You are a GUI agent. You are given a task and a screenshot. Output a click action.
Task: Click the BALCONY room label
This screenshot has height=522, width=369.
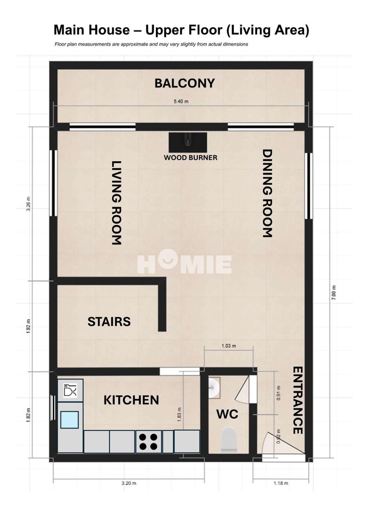pos(185,83)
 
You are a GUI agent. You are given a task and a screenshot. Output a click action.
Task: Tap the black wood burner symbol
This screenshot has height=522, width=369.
pos(188,142)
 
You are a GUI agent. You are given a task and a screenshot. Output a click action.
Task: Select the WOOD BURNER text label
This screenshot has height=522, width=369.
pos(190,158)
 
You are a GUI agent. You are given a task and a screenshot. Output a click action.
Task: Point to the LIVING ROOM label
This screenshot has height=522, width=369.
pos(117,203)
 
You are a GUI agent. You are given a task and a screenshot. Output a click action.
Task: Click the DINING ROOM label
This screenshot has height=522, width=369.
pos(267,193)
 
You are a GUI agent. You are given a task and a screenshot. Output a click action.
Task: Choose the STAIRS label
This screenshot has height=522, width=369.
pos(109,322)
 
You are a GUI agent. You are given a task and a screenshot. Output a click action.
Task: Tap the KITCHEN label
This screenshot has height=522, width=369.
pos(131,400)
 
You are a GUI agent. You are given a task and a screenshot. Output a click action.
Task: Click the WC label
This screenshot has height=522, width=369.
pos(227,414)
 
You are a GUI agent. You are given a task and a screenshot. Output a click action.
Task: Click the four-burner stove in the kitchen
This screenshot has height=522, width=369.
pos(148,442)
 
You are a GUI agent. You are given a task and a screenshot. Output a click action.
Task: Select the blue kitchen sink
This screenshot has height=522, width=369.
pos(70,420)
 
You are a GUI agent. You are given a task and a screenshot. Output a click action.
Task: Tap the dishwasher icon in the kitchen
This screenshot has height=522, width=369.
pos(70,390)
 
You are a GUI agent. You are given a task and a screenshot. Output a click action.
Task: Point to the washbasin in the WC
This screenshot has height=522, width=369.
pos(214,387)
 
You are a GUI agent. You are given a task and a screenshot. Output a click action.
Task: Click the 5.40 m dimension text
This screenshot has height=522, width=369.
pos(181,101)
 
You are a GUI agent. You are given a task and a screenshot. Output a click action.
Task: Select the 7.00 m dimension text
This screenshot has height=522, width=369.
pos(334,293)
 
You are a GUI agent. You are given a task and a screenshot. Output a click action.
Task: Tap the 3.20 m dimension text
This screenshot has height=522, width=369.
pos(129,483)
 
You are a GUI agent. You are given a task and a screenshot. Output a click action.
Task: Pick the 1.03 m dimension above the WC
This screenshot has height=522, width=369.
pos(229,346)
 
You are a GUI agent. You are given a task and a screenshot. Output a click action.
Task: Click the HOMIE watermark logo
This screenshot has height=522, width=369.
pos(184,262)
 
